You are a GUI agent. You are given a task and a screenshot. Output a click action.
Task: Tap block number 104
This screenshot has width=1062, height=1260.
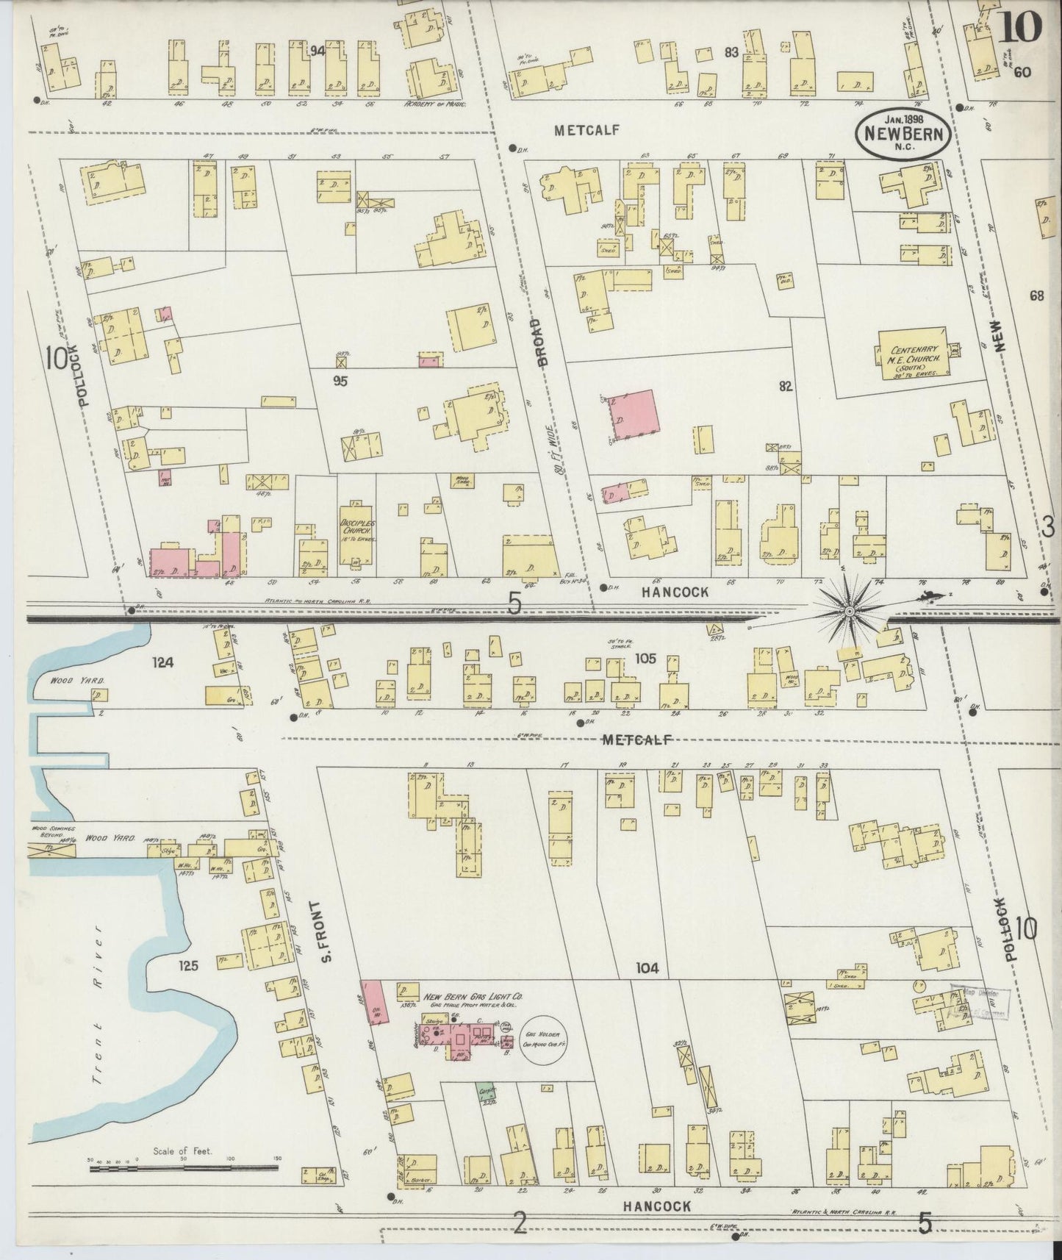647,969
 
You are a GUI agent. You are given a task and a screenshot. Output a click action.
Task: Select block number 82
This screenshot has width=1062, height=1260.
786,385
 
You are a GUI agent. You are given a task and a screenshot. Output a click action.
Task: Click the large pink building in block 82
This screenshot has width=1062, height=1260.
634,416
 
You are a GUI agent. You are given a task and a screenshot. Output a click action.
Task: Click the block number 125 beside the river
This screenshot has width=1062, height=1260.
188,967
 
